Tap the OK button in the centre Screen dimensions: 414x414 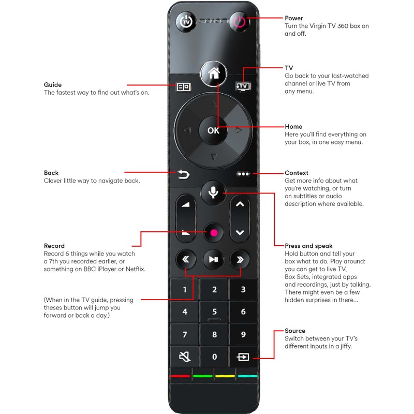pos(213,130)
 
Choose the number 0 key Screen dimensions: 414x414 pos(214,357)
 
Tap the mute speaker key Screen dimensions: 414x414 pos(185,357)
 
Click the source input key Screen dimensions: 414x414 pos(243,357)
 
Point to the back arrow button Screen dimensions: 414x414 pos(184,175)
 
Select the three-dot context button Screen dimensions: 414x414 pos(243,174)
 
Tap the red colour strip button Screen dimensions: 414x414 pos(180,376)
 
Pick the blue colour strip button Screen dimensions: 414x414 pos(247,376)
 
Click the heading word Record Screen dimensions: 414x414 pos(54,246)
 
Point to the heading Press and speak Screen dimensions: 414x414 pos(308,246)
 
